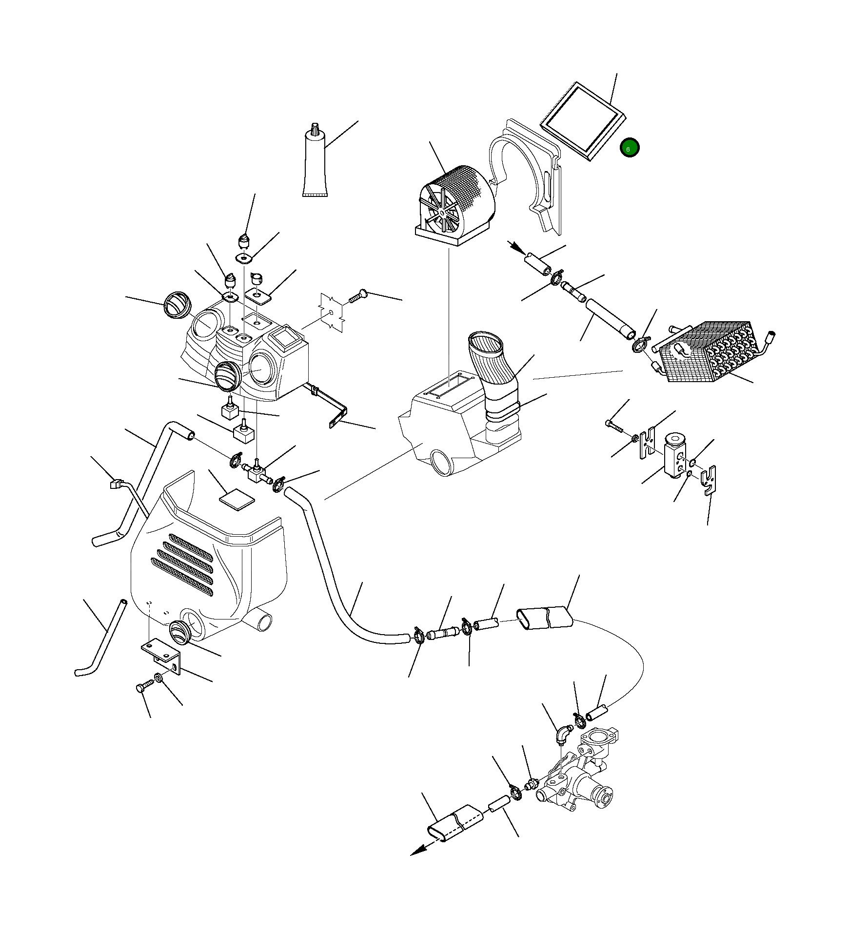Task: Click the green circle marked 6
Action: [x=629, y=148]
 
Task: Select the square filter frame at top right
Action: [x=583, y=121]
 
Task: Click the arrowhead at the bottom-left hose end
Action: [x=417, y=852]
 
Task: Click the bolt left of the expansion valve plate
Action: [x=615, y=426]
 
